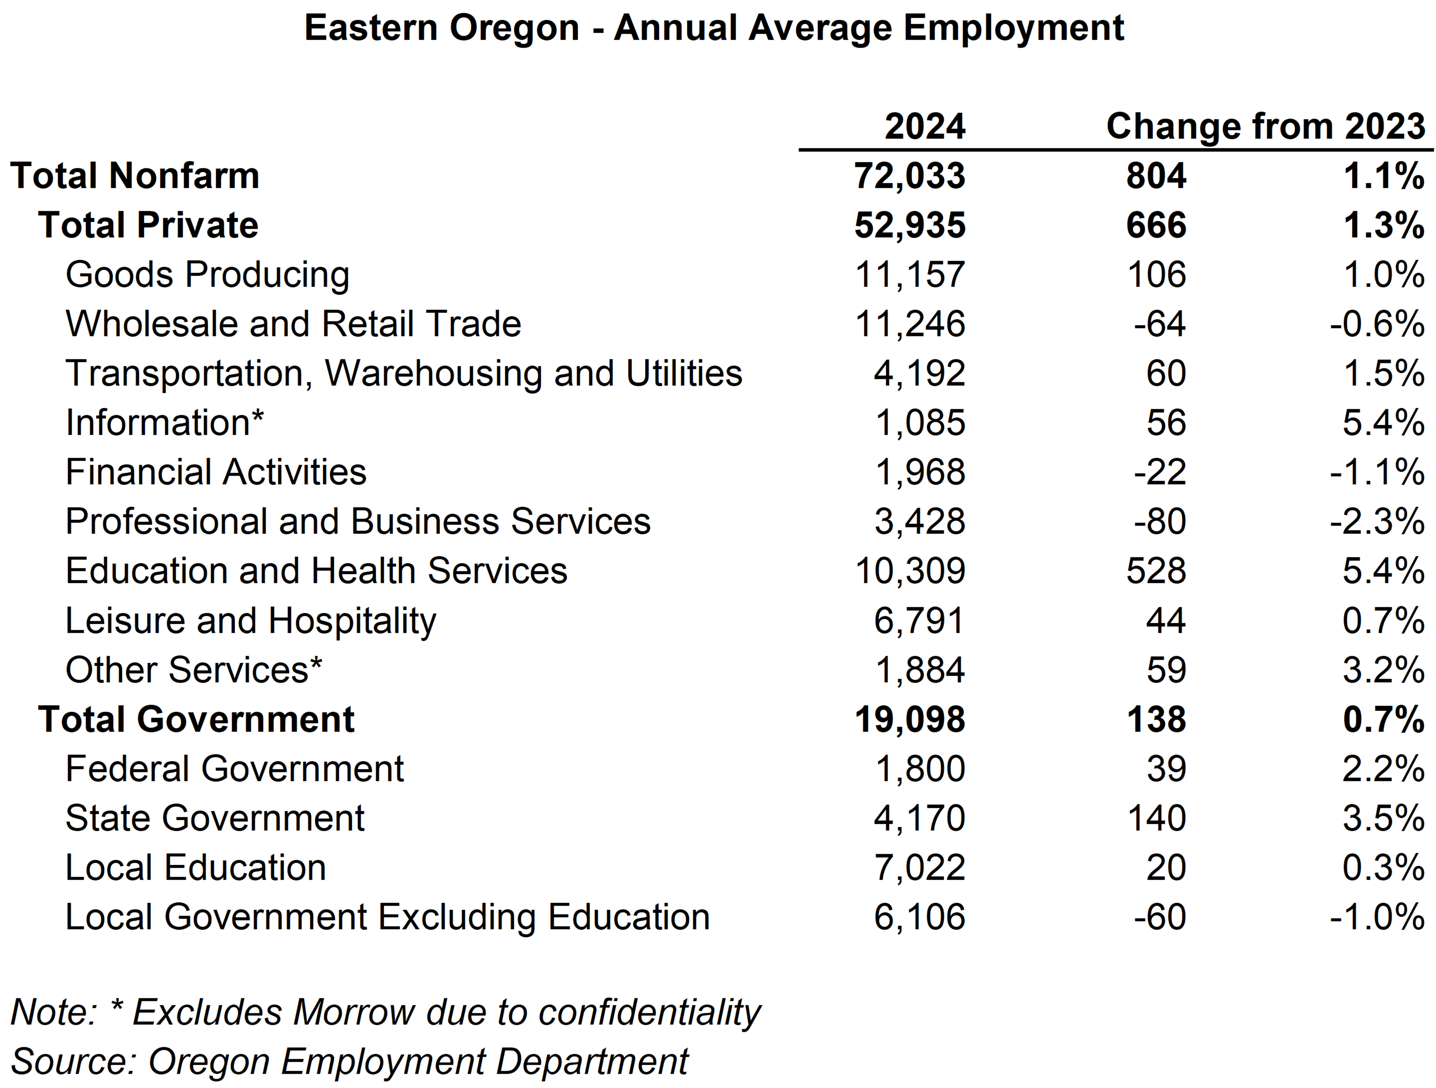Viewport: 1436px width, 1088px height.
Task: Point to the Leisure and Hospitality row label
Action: (251, 620)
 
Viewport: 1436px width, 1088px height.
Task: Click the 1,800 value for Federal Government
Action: (919, 769)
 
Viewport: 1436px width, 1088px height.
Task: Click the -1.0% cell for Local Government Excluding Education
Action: (1376, 917)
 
